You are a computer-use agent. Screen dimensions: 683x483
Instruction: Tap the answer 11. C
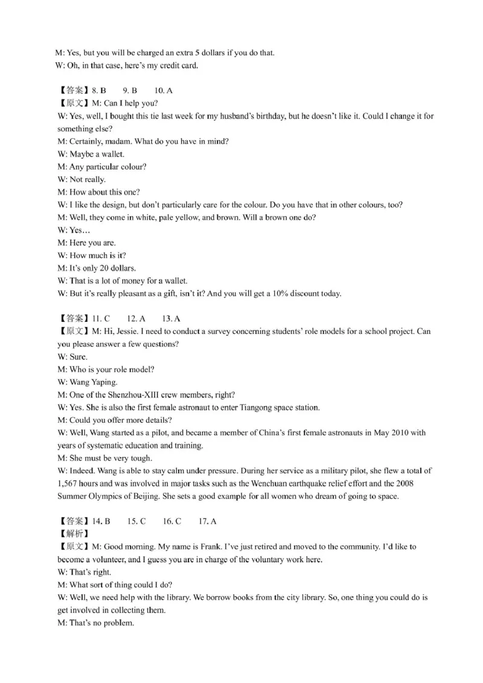click(101, 319)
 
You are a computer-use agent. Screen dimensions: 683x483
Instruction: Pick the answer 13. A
click(172, 319)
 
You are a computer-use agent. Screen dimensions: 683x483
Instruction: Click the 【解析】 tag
click(72, 534)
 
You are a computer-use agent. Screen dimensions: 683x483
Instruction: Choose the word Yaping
click(104, 382)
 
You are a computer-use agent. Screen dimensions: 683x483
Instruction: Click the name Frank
click(214, 547)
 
